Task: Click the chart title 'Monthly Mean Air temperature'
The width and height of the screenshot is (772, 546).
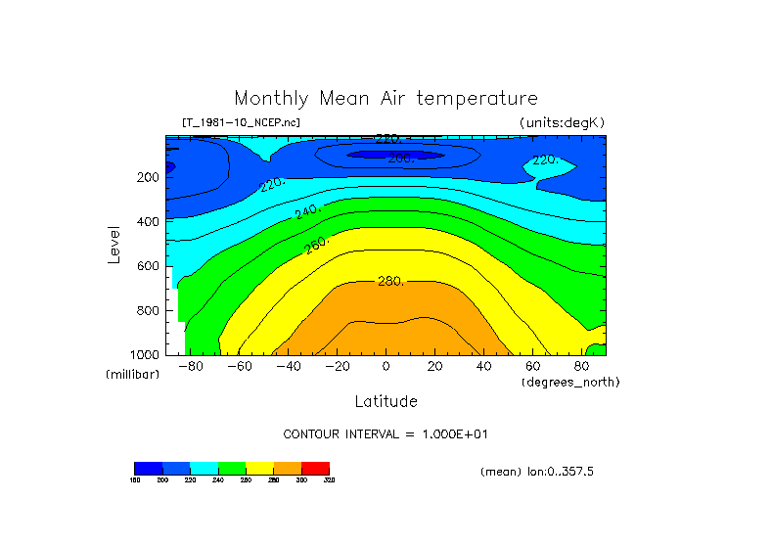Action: tap(386, 99)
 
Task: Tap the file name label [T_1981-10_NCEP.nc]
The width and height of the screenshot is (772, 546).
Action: tap(241, 122)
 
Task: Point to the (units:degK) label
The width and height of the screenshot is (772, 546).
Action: tap(562, 122)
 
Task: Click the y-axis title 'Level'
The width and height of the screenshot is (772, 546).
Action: tap(114, 245)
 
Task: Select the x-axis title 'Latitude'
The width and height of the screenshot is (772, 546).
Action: tap(386, 401)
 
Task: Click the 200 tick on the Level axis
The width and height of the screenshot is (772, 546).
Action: tap(148, 178)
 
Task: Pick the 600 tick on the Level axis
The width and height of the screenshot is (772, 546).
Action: tap(148, 266)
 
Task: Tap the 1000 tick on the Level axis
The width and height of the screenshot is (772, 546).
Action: tap(145, 354)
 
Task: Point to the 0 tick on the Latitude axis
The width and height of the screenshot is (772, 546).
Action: tap(386, 367)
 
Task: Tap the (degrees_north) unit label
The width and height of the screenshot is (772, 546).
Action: tap(570, 382)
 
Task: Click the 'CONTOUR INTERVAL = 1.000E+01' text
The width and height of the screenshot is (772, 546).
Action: tap(392, 433)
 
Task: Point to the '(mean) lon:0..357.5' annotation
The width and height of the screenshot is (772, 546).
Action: tap(537, 472)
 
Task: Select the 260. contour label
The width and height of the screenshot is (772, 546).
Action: tap(317, 245)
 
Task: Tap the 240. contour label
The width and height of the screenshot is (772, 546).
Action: tap(308, 210)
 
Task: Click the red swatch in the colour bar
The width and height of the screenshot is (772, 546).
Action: tap(315, 468)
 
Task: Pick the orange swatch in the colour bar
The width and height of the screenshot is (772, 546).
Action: tap(288, 468)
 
